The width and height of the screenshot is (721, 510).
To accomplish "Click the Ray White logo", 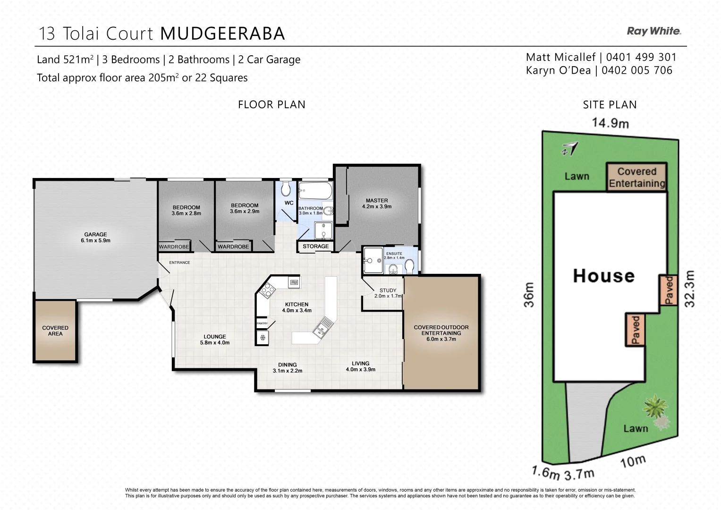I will [653, 31].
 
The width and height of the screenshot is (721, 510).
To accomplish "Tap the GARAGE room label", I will [95, 237].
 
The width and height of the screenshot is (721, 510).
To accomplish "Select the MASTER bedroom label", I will [376, 203].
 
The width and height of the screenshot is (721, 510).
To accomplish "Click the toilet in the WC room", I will [286, 190].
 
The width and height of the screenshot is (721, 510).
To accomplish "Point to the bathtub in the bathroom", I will [315, 191].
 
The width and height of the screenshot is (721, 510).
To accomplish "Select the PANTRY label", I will [262, 323].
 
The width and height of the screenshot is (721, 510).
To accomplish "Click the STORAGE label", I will [315, 246].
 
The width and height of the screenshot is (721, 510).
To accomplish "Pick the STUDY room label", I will [388, 290].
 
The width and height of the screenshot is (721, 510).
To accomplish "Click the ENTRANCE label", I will [179, 263].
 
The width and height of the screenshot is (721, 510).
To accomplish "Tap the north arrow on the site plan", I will [570, 149].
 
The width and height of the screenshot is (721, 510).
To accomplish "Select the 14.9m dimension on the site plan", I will [610, 123].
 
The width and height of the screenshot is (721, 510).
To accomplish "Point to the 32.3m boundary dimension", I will [689, 289].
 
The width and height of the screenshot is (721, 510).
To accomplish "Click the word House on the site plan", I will [603, 275].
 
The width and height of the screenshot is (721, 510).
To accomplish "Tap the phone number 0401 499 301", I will [641, 57].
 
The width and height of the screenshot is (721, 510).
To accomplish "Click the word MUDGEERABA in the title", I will [222, 34].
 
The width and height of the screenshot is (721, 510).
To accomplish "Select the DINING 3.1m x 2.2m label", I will [287, 367].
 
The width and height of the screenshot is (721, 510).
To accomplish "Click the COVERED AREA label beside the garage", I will [55, 331].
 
